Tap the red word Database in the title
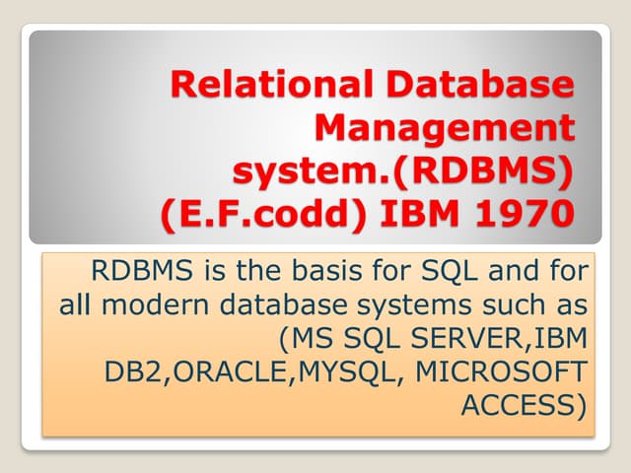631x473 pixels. click(x=480, y=84)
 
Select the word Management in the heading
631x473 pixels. click(x=445, y=128)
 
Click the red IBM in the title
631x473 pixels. click(x=419, y=213)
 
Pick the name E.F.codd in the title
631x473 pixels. click(x=263, y=213)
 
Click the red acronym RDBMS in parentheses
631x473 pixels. click(x=483, y=170)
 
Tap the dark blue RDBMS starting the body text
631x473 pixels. click(x=142, y=270)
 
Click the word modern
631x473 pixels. click(x=156, y=304)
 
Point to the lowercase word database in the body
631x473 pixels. click(x=283, y=304)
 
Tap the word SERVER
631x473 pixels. click(x=466, y=338)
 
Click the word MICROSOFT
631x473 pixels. click(x=501, y=372)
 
